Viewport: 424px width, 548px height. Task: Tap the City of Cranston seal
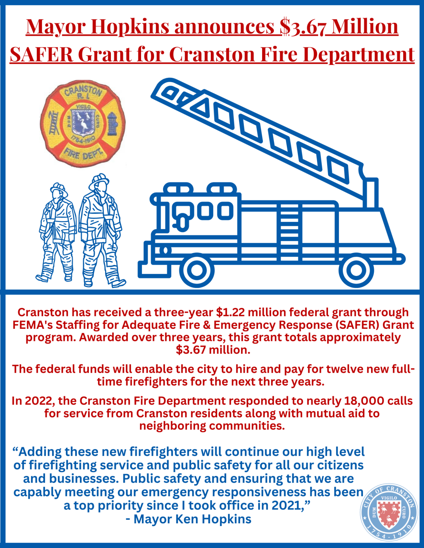(x=389, y=512)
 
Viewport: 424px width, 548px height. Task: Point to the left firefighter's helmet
(x=59, y=189)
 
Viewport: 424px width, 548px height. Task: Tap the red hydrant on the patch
(x=113, y=123)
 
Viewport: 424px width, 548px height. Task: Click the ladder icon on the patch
(x=53, y=123)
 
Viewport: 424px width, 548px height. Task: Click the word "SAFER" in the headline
(x=41, y=54)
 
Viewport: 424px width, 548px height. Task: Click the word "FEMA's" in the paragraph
(x=34, y=325)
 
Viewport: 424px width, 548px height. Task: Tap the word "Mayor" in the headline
(x=56, y=27)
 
